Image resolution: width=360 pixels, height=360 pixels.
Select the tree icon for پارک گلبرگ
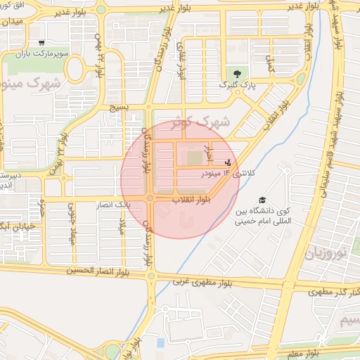(x=236, y=74)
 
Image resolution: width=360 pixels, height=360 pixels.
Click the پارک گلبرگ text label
(x=238, y=85)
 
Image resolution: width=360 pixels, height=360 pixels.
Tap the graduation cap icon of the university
(x=262, y=200)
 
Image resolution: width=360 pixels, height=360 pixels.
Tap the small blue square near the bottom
(x=160, y=342)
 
